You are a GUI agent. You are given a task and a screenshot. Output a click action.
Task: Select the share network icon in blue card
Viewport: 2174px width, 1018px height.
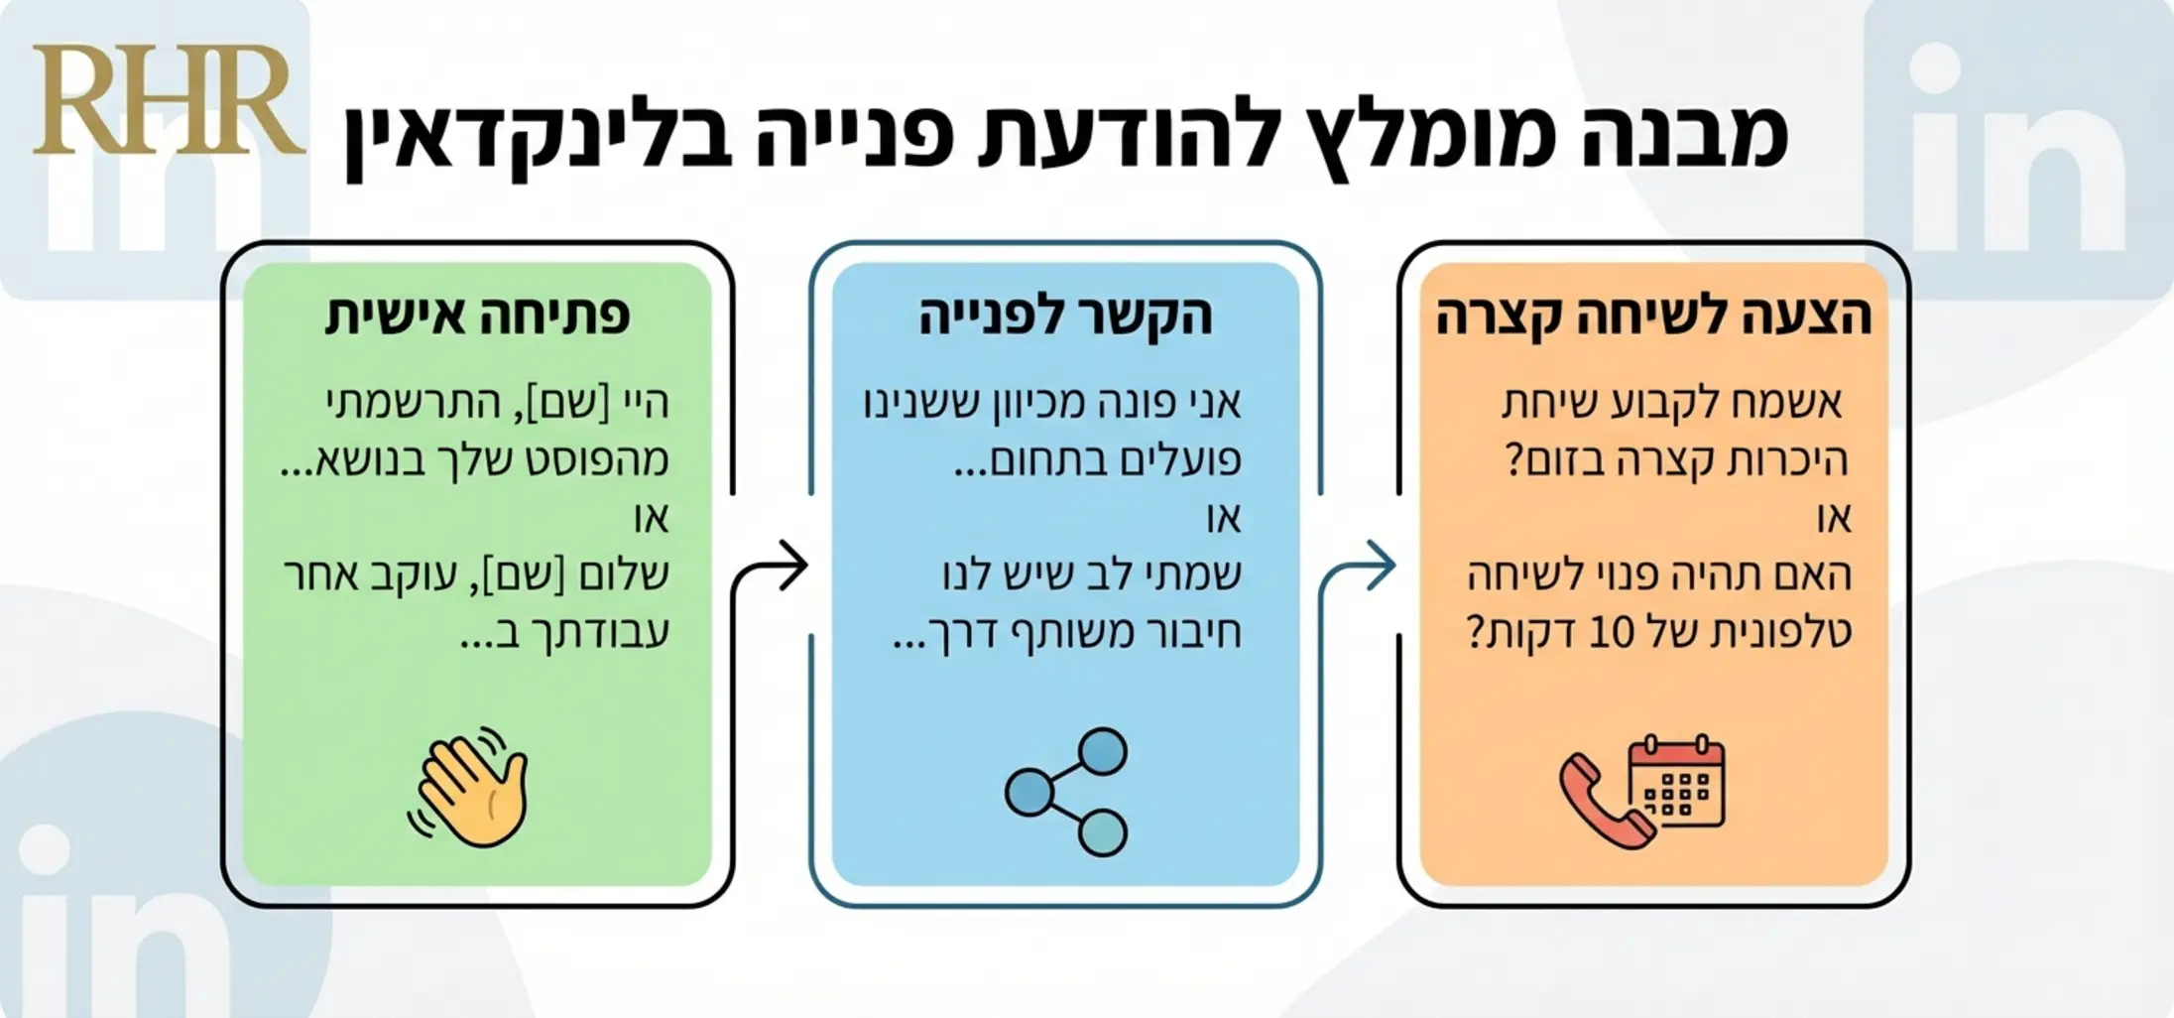1066,792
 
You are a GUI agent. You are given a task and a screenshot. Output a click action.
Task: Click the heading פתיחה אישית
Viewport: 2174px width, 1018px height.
477,316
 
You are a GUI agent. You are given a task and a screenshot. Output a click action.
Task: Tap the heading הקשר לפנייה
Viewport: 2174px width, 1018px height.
1065,316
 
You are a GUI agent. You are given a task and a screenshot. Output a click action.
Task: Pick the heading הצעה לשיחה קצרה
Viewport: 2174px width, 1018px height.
1653,316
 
